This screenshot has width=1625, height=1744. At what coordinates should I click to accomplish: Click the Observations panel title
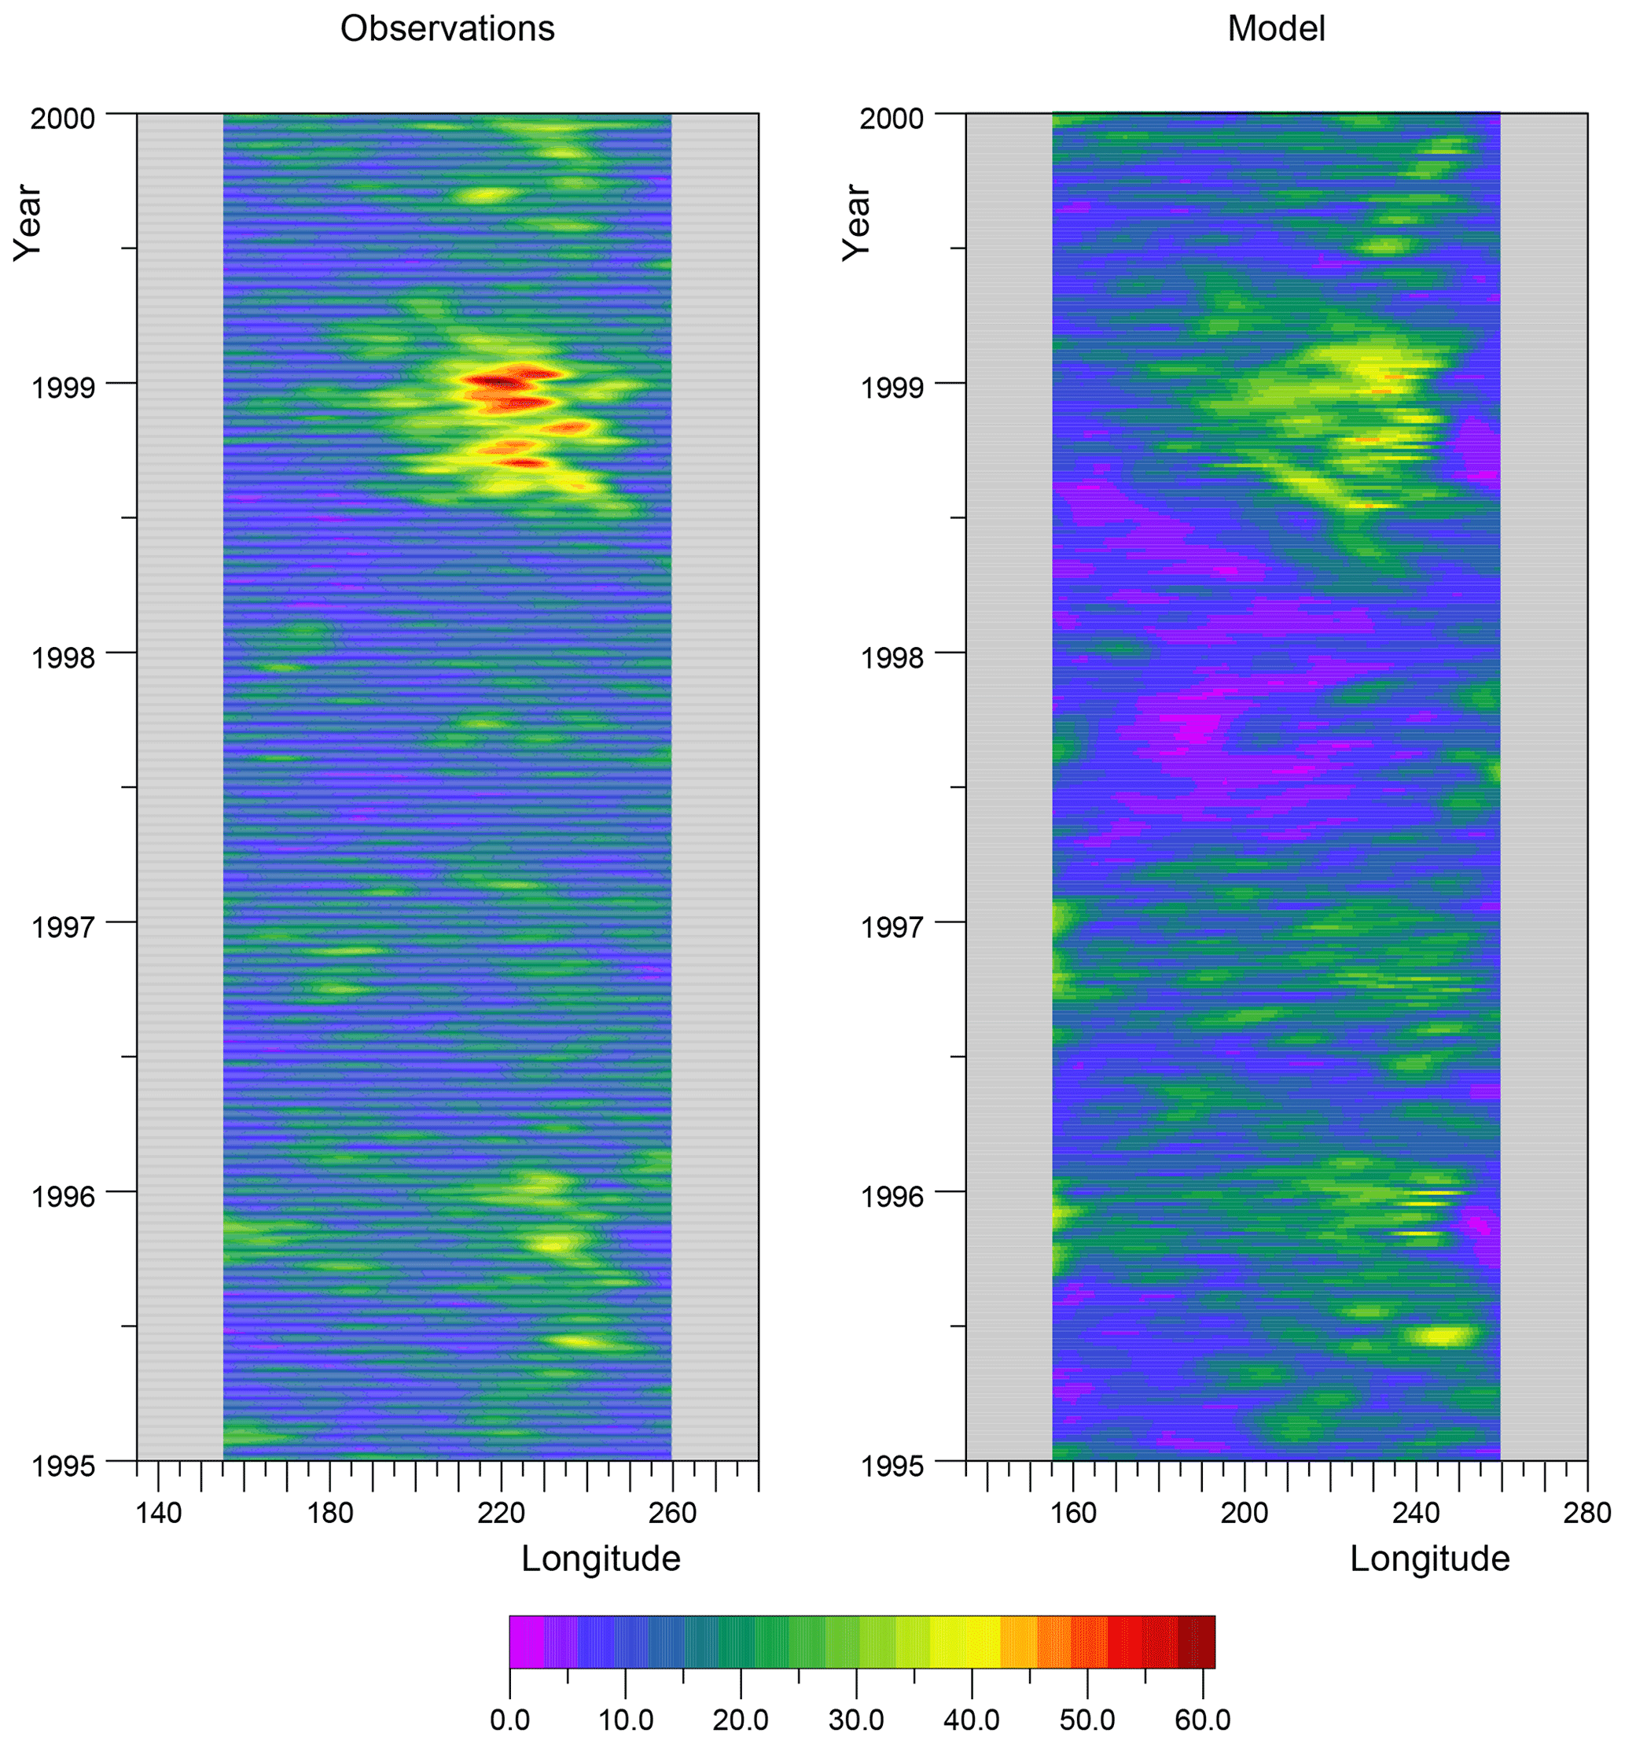(447, 29)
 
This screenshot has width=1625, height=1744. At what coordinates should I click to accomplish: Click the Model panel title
(1275, 29)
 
